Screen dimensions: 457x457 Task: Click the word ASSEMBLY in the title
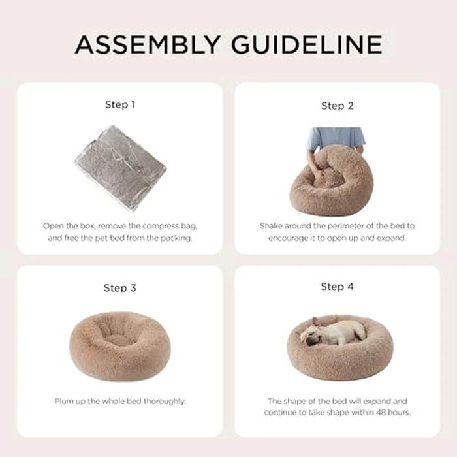click(x=148, y=44)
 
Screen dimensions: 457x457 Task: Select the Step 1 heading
click(x=120, y=104)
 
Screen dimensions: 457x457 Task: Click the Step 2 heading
click(x=337, y=105)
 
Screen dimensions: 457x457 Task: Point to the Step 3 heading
click(x=120, y=288)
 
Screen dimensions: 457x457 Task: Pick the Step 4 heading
click(x=337, y=287)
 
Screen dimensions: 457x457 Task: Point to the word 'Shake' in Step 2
click(x=272, y=226)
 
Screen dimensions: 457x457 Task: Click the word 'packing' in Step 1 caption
click(x=176, y=238)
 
